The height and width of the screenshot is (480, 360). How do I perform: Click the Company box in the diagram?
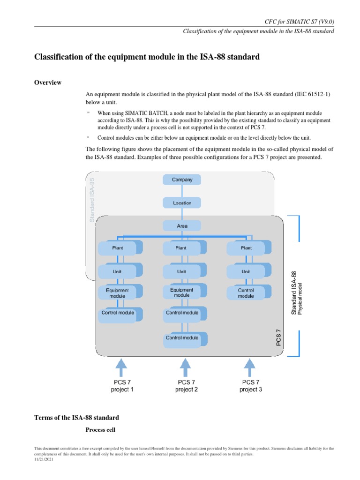182,180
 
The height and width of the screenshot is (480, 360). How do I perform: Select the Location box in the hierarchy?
182,202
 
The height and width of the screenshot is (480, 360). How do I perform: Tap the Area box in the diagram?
182,226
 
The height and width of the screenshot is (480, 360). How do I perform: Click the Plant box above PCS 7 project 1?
117,248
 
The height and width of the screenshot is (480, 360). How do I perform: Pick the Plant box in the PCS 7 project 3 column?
246,248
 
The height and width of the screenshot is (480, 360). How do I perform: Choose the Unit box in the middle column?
181,271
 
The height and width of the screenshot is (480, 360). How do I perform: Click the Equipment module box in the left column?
117,293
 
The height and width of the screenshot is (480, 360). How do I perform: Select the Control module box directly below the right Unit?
246,293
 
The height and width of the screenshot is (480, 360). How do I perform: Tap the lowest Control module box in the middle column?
182,338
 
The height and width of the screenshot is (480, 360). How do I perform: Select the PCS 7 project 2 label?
186,386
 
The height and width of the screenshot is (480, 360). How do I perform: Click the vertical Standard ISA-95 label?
92,199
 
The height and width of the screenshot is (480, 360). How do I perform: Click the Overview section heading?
48,82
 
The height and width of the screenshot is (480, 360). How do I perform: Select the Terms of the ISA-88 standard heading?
77,417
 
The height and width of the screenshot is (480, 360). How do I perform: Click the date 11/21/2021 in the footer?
44,460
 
